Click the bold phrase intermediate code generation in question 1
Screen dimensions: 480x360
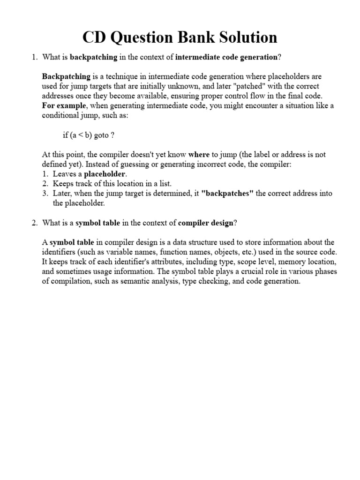[x=226, y=58]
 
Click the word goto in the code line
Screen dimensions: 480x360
[x=101, y=135]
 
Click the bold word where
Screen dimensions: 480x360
[x=199, y=154]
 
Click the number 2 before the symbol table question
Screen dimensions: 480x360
[x=34, y=223]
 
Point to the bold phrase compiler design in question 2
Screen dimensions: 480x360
[x=205, y=223]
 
